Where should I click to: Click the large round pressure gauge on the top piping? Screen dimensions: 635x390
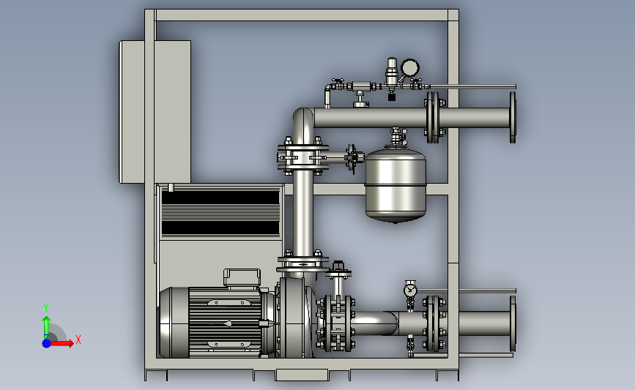click(410, 67)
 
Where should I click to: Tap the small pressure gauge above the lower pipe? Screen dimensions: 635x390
click(410, 290)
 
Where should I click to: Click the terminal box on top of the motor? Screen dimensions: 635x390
click(242, 277)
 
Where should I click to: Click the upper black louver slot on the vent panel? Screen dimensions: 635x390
click(220, 198)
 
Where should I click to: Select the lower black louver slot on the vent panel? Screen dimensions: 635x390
click(220, 228)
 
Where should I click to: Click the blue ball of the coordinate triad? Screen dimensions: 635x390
click(47, 343)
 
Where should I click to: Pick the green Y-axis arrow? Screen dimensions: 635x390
click(46, 328)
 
